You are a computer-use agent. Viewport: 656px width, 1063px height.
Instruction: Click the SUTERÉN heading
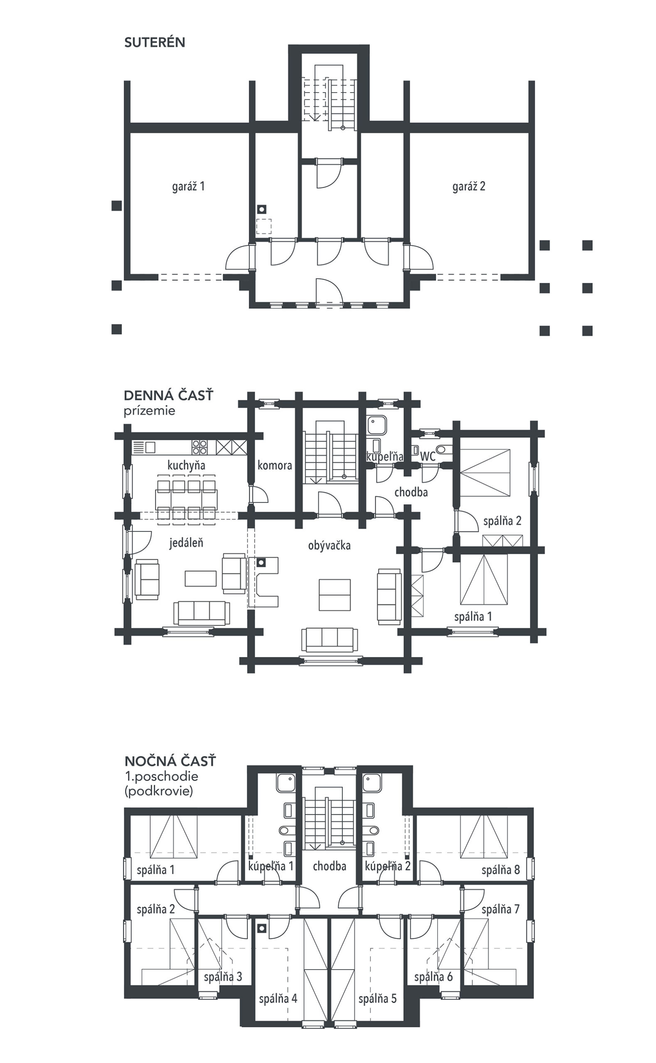pos(155,42)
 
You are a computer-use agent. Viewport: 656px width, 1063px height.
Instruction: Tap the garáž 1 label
pos(188,186)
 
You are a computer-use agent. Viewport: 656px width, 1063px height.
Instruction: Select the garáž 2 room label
pos(469,186)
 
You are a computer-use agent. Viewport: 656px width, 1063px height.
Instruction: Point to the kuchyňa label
pos(186,465)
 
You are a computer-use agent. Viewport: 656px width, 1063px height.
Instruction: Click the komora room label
pos(275,465)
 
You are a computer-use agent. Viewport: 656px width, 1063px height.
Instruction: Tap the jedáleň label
pos(186,543)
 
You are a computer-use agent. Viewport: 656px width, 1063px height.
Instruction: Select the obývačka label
pos(329,545)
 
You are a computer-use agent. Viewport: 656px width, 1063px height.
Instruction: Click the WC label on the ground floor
pos(428,456)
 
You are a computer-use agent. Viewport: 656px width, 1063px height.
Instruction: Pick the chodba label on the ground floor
pos(411,492)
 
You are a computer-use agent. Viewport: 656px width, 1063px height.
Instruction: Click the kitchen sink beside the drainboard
pos(150,447)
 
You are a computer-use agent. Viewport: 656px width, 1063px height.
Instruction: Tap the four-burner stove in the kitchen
pos(199,447)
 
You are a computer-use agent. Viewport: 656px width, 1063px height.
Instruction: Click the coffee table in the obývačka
pos(334,595)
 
